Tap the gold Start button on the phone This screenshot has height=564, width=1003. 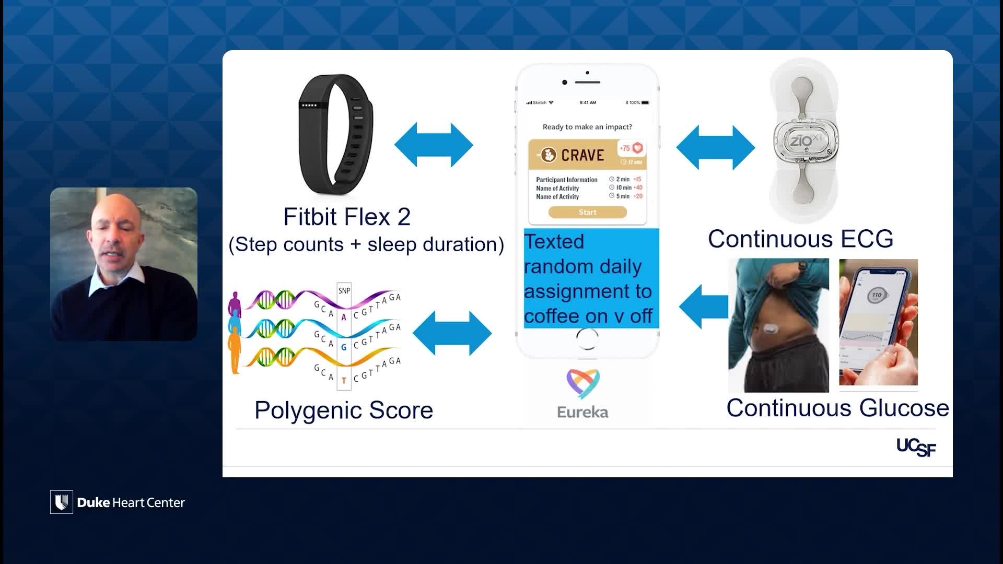587,212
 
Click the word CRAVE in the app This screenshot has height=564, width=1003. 582,155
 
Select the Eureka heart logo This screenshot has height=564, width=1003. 583,383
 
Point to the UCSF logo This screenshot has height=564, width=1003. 916,447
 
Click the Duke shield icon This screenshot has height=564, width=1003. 62,502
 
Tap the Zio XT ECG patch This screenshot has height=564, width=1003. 805,141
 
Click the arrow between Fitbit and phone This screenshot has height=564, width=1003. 434,145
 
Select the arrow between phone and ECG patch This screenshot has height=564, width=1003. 715,147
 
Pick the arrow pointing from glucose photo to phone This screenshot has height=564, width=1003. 703,307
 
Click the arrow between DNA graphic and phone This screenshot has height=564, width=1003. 452,333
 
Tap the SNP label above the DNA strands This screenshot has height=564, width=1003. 344,291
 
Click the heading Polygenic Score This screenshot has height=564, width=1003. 344,410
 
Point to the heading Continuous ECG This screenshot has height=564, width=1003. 800,239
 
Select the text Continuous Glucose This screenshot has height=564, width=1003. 837,408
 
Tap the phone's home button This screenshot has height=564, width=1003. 587,339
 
